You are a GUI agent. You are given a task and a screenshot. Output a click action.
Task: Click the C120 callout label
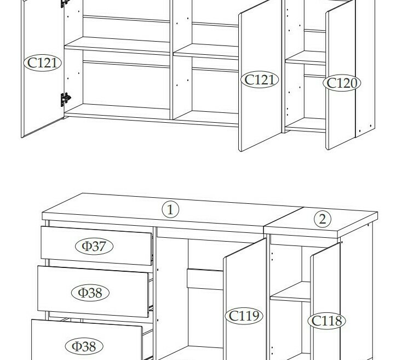342,83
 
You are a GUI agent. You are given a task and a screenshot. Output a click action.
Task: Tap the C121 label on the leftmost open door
42,63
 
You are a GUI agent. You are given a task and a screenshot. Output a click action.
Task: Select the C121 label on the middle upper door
260,79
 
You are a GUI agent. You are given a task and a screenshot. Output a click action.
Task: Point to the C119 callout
244,316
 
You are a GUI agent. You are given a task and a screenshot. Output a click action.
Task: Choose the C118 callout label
326,321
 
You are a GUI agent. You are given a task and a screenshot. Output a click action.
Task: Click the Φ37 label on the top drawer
94,246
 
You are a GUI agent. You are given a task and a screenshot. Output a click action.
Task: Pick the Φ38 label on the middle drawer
90,293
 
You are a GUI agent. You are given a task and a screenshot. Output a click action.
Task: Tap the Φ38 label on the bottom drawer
84,346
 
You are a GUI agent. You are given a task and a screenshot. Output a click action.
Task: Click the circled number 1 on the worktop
170,210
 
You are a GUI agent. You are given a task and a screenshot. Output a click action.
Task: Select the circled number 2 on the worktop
323,219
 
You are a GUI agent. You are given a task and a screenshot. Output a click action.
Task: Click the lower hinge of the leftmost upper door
65,99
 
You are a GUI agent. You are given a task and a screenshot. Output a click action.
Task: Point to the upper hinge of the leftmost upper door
65,3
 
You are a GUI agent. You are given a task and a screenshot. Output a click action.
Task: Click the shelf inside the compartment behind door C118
290,292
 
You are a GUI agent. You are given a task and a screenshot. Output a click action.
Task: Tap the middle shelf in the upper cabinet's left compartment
117,45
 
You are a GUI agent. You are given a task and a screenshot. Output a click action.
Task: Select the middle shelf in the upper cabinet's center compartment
206,52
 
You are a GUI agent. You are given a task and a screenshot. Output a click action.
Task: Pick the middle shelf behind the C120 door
306,58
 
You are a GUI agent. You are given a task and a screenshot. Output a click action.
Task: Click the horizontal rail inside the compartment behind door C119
205,279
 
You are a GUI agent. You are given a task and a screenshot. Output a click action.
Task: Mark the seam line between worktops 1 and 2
284,216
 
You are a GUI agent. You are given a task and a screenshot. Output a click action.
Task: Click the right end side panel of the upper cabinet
365,68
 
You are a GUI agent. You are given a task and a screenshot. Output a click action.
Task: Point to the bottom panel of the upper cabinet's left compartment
117,110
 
